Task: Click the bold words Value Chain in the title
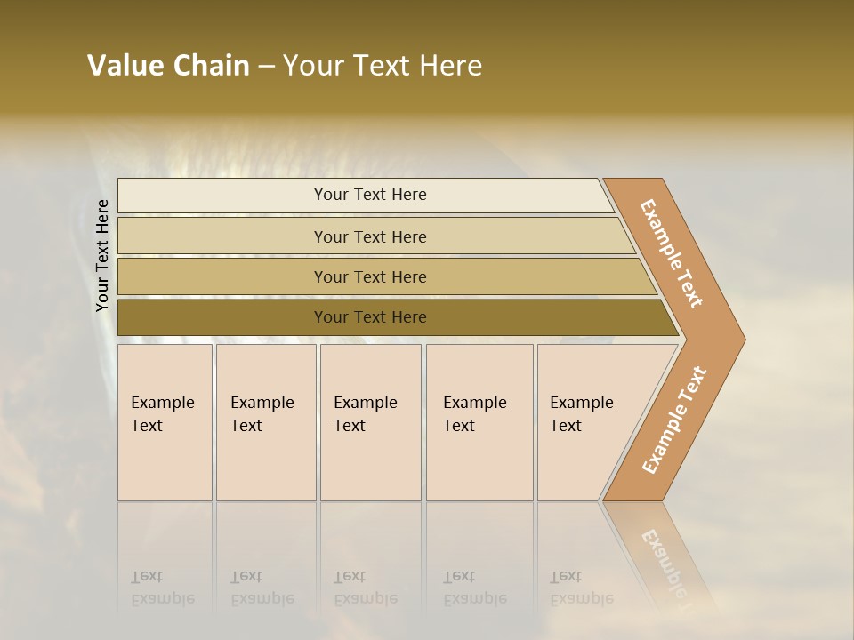point(168,66)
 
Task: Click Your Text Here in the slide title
point(383,66)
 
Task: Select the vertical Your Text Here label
point(102,255)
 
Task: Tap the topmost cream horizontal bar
point(370,195)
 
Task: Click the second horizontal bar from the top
point(370,236)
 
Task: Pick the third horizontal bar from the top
point(370,276)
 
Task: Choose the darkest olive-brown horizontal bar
point(370,317)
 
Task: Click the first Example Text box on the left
point(165,422)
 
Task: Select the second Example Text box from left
point(265,422)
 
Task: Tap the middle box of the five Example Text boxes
point(370,422)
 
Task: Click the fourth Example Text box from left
point(479,422)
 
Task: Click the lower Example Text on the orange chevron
point(674,420)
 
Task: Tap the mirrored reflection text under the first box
point(162,588)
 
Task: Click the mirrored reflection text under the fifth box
point(582,588)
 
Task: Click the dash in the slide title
point(266,67)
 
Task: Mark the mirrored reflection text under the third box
point(365,588)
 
